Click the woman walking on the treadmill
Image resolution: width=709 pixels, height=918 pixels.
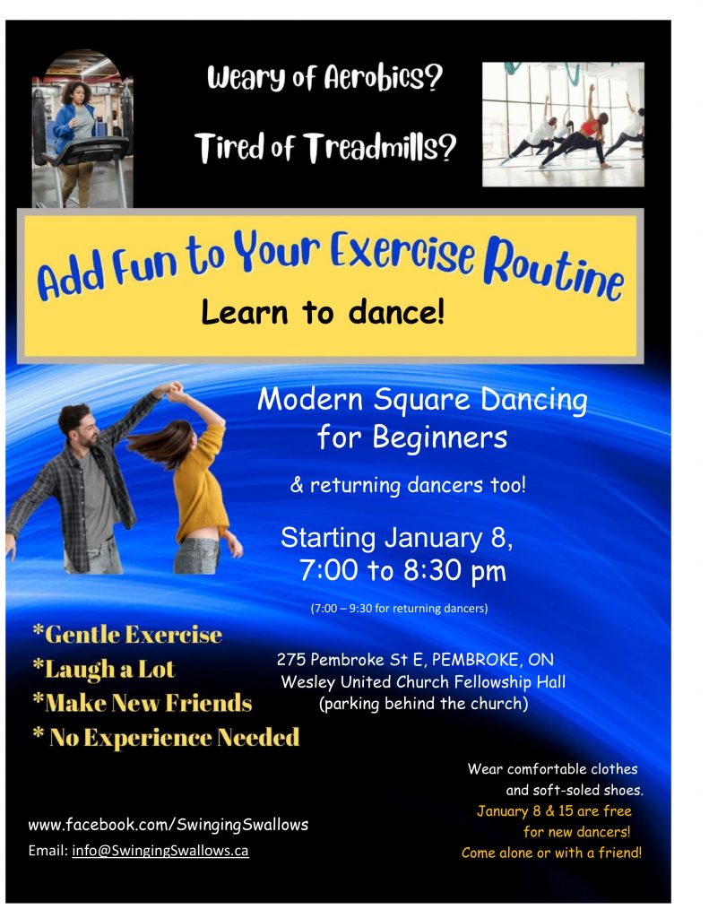coord(75,141)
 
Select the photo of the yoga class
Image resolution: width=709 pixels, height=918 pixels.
coord(563,124)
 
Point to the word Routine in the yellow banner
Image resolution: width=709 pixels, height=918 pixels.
coord(553,269)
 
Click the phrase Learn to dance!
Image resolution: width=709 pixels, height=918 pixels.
coord(323,312)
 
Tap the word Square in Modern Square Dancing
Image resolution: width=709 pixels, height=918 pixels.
coord(421,399)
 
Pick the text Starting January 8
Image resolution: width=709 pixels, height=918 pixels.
coord(396,538)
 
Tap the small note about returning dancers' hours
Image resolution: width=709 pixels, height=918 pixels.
coord(399,609)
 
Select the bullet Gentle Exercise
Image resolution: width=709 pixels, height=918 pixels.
coord(127,635)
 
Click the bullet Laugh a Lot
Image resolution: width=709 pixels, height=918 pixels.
coord(104,669)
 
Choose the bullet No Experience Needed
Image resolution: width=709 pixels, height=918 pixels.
coord(166,738)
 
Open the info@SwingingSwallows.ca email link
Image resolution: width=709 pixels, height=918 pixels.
coord(160,851)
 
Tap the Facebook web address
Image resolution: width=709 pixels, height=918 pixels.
coord(168,825)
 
